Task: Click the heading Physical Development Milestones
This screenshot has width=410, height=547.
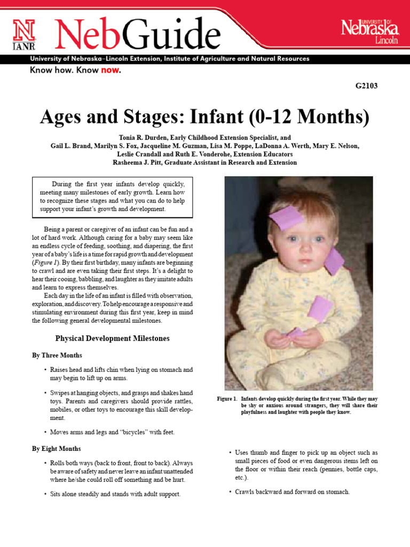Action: point(112,338)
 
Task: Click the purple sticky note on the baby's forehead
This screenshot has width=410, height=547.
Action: point(286,218)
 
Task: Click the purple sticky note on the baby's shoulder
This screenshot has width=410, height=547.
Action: point(334,261)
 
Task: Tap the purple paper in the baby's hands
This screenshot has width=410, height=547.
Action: point(295,333)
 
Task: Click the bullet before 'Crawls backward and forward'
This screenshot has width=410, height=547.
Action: point(229,491)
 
